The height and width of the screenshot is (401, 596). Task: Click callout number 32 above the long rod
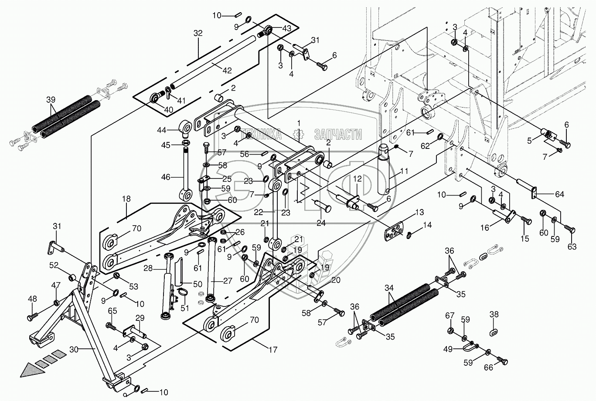[x=198, y=33]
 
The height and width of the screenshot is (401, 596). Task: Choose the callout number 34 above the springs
[x=389, y=287]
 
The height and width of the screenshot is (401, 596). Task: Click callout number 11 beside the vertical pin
[x=405, y=171]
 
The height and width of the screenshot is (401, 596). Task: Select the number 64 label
[x=559, y=194]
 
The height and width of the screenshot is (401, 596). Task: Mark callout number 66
[x=488, y=367]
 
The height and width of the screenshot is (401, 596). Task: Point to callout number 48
[x=33, y=298]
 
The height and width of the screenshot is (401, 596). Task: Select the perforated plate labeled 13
[x=394, y=231]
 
